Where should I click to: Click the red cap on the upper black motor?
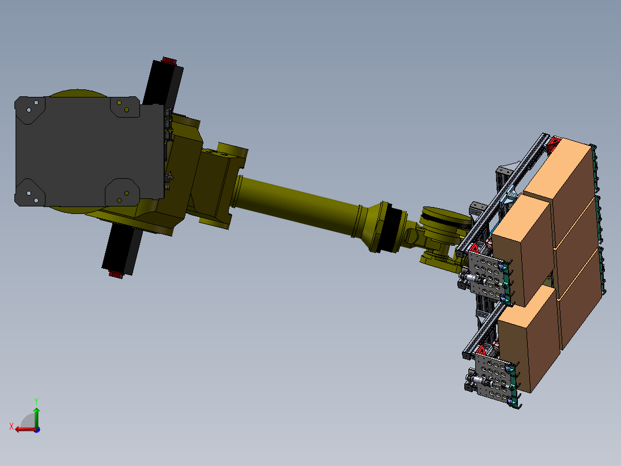click(169, 61)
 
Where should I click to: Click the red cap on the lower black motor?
click(116, 275)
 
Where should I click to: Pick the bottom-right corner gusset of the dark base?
click(122, 193)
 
